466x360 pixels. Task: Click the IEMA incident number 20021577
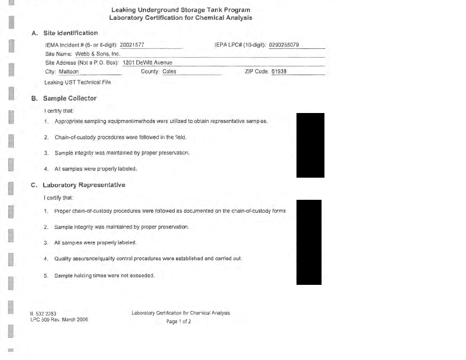coord(132,45)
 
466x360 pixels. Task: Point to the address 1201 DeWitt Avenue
coord(147,62)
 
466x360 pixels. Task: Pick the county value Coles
coord(169,72)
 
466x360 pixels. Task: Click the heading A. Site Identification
coord(65,33)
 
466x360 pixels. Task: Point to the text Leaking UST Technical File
coord(77,82)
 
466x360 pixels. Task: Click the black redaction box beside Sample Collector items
coord(310,145)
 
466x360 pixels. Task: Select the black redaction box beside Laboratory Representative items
coord(309,242)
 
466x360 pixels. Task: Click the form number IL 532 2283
coord(43,313)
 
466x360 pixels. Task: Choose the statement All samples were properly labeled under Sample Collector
coord(96,169)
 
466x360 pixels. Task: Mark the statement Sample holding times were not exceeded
coord(104,275)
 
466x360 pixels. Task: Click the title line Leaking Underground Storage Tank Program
coord(181,10)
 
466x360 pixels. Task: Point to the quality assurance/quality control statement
coord(148,258)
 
